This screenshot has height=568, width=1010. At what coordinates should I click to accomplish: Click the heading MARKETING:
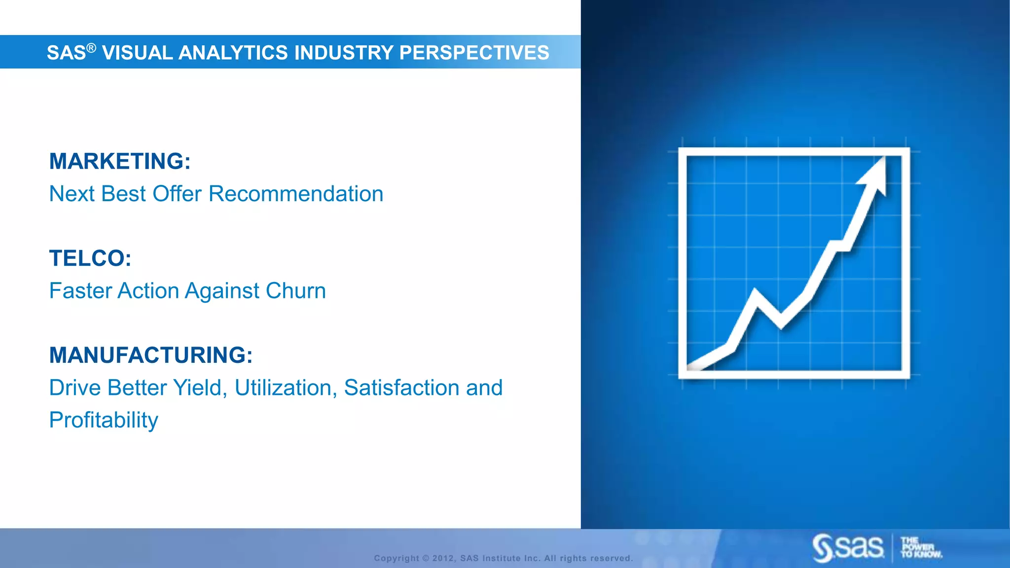point(120,161)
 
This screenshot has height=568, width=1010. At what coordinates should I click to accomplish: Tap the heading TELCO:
point(90,258)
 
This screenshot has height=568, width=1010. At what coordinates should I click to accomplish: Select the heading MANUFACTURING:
point(151,355)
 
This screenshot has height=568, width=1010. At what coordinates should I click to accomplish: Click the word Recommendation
point(296,194)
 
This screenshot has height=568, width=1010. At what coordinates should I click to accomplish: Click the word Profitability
point(104,420)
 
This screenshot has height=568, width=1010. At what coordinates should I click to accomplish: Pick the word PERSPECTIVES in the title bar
point(474,53)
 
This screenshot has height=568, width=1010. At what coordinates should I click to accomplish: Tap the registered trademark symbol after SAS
point(91,48)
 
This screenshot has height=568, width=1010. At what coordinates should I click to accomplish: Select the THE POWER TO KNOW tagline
point(920,547)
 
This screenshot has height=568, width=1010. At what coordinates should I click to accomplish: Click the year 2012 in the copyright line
point(442,558)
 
